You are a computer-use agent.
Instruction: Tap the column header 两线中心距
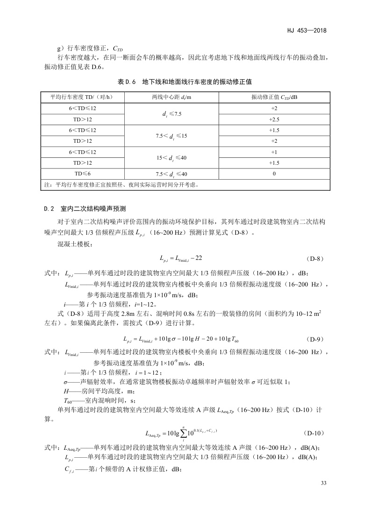pos(171,97)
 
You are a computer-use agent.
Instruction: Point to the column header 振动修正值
pos(274,97)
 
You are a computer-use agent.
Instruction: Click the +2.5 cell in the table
pos(274,119)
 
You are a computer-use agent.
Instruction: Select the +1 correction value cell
pos(274,152)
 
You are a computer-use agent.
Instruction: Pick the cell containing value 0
pos(274,174)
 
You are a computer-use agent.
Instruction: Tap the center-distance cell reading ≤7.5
pos(171,114)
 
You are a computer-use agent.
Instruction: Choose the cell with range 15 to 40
pos(171,157)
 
